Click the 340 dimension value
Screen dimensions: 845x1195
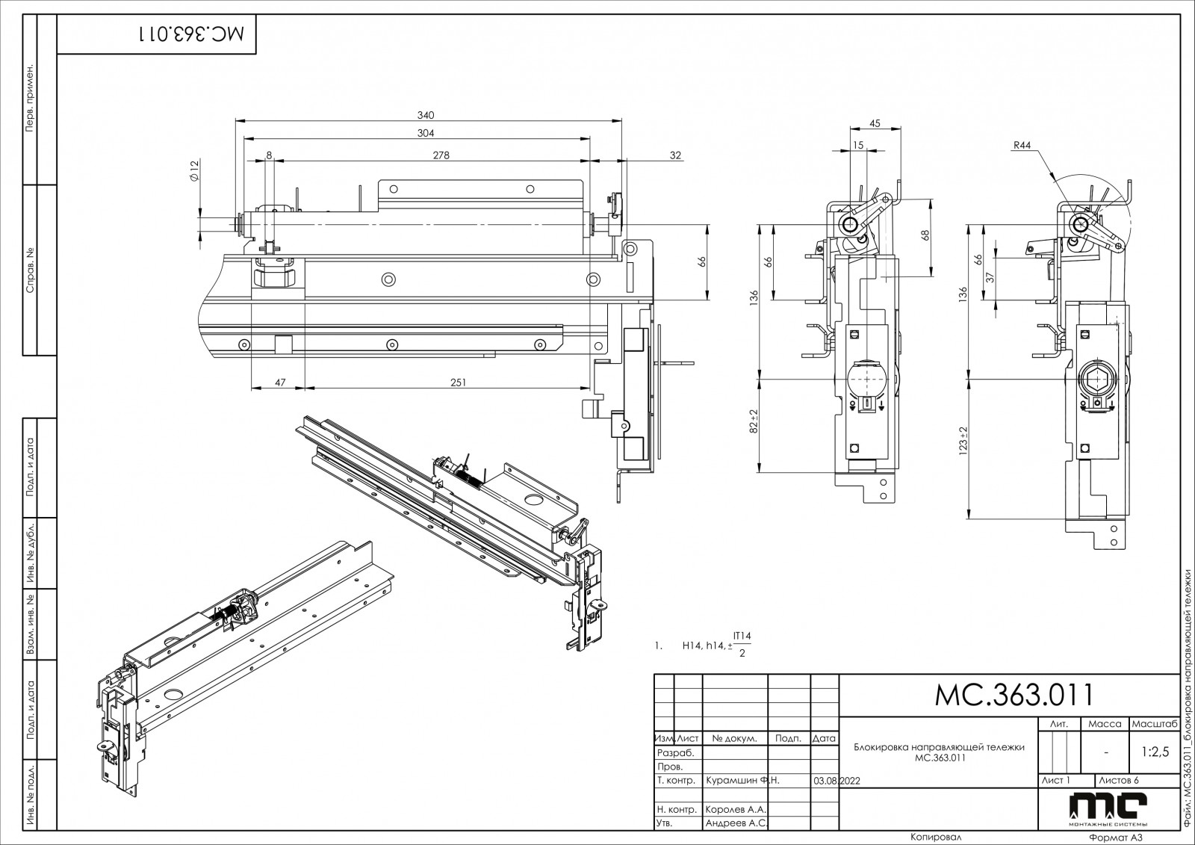pyautogui.click(x=426, y=115)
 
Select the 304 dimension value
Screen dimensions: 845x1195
pyautogui.click(x=426, y=133)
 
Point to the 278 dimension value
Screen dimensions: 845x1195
pyautogui.click(x=441, y=155)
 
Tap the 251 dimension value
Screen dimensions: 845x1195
pyautogui.click(x=459, y=383)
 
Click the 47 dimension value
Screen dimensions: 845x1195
pyautogui.click(x=279, y=383)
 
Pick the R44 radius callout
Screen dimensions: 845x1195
pyautogui.click(x=1022, y=146)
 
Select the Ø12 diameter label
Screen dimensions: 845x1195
pyautogui.click(x=194, y=172)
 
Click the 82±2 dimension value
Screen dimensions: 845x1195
pyautogui.click(x=754, y=422)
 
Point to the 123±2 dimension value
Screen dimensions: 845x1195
pyautogui.click(x=963, y=441)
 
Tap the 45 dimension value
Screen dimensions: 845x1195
pyautogui.click(x=875, y=123)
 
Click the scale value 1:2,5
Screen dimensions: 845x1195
pyautogui.click(x=1155, y=752)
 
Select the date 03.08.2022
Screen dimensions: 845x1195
pyautogui.click(x=839, y=780)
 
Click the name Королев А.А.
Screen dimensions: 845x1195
pyautogui.click(x=736, y=809)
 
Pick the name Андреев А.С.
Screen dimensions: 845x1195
pyautogui.click(x=736, y=823)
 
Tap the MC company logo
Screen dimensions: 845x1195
pyautogui.click(x=1108, y=808)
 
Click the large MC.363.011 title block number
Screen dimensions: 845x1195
pyautogui.click(x=1014, y=695)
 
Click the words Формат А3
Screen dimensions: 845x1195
pyautogui.click(x=1116, y=838)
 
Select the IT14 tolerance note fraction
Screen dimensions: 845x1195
pyautogui.click(x=742, y=645)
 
